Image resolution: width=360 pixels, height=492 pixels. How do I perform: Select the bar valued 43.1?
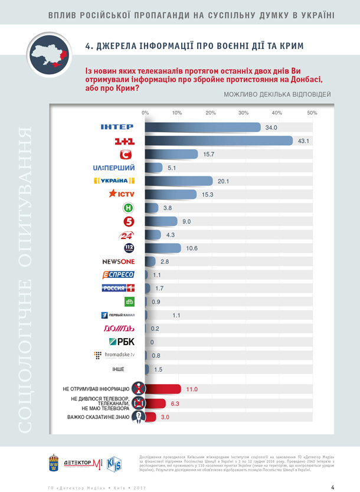(x=218, y=140)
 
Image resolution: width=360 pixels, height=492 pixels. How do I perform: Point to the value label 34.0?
(x=271, y=127)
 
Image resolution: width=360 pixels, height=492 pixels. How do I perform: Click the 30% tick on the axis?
(x=243, y=113)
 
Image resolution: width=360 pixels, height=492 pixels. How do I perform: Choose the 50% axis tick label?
(x=312, y=113)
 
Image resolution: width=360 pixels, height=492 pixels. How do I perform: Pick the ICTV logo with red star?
(x=120, y=194)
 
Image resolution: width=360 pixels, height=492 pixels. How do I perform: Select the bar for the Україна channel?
(x=178, y=181)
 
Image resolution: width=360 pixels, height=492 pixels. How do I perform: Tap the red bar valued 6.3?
(x=155, y=403)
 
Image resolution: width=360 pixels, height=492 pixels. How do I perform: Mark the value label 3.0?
(x=166, y=417)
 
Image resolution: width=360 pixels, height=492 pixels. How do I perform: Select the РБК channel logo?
(x=122, y=342)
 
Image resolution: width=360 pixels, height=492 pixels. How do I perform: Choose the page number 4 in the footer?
(x=333, y=487)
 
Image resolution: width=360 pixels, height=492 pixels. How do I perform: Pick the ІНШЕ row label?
(x=118, y=369)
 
